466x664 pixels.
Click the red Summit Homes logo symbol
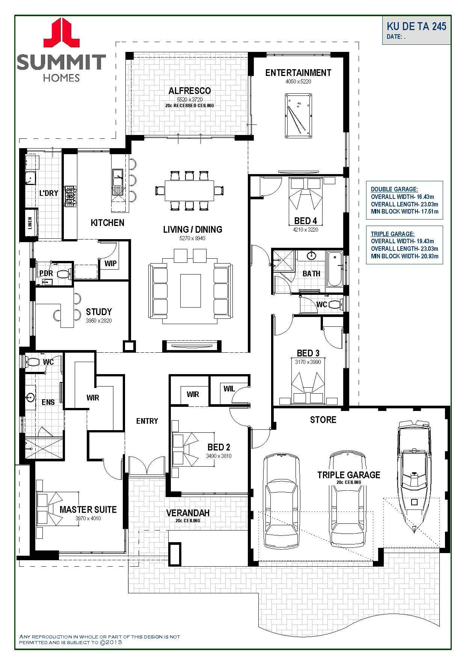click(61, 33)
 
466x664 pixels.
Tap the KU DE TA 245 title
click(416, 26)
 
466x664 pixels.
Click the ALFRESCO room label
click(190, 91)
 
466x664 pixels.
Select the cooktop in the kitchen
click(70, 196)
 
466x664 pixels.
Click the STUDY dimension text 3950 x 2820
click(99, 321)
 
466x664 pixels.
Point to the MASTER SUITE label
click(88, 509)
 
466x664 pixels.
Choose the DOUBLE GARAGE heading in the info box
click(394, 189)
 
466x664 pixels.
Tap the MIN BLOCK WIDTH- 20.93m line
click(405, 256)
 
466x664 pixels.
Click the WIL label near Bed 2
click(229, 388)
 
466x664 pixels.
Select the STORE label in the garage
click(323, 420)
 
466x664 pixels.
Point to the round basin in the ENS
click(31, 397)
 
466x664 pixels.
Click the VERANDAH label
click(188, 512)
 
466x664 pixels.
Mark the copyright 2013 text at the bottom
click(111, 643)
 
